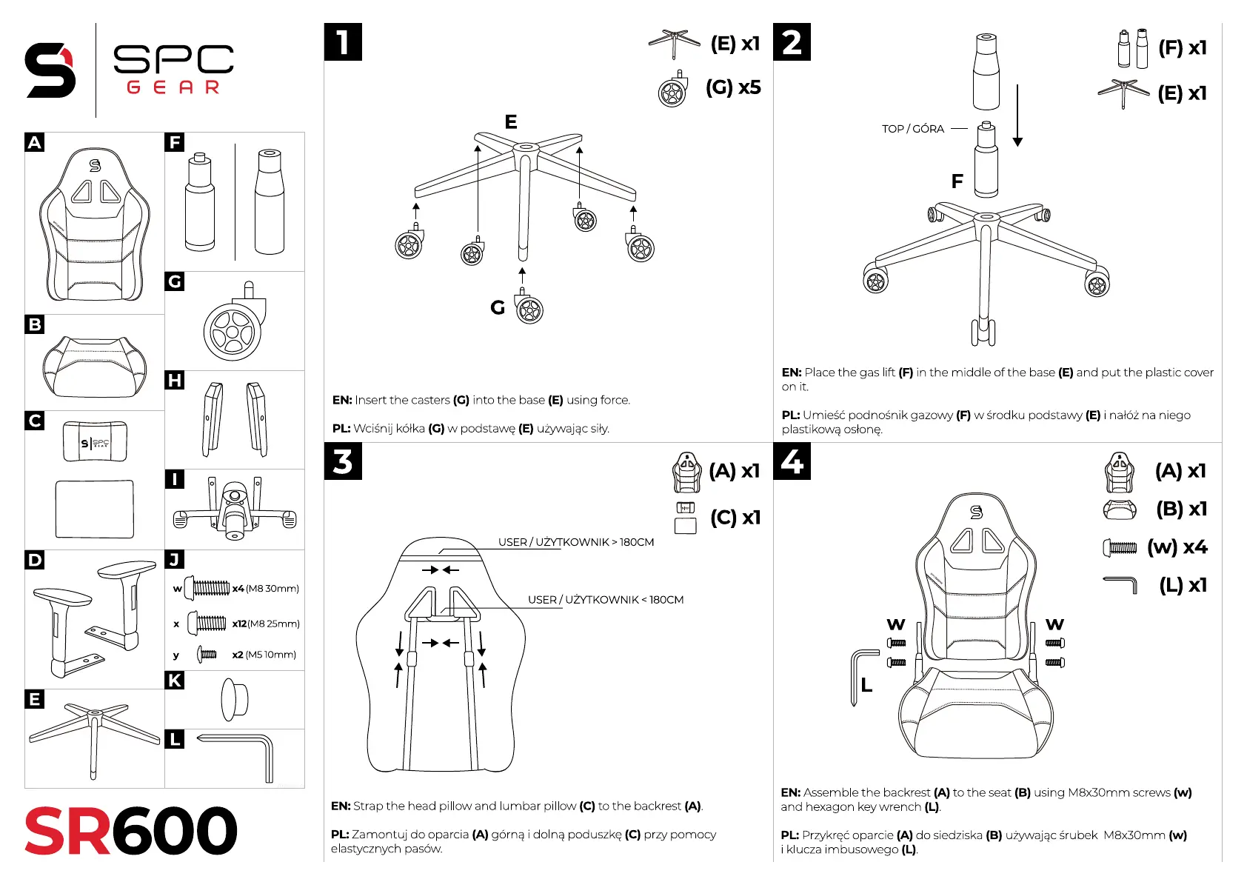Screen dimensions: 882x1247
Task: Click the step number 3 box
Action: click(x=343, y=461)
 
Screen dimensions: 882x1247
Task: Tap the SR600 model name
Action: click(x=131, y=831)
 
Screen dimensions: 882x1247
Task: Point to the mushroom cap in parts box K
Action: click(x=235, y=699)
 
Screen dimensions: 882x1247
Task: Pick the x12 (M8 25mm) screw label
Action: click(x=265, y=624)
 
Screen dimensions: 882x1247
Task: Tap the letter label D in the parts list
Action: click(x=35, y=560)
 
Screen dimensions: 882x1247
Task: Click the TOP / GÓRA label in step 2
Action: click(x=912, y=129)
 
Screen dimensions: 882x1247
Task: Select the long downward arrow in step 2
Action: click(x=1017, y=116)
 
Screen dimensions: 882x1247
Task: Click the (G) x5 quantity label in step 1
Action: click(x=732, y=87)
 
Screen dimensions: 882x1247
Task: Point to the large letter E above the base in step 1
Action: click(x=511, y=121)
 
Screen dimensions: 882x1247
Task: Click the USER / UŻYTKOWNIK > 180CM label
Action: click(x=575, y=542)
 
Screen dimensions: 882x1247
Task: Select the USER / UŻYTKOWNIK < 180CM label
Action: click(x=605, y=600)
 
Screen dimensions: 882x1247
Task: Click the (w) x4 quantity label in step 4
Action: click(x=1177, y=547)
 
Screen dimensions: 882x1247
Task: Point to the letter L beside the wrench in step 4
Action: click(x=866, y=686)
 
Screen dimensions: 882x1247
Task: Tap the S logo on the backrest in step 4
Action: click(x=976, y=512)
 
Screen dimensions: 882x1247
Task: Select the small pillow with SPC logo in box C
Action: click(x=95, y=442)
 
